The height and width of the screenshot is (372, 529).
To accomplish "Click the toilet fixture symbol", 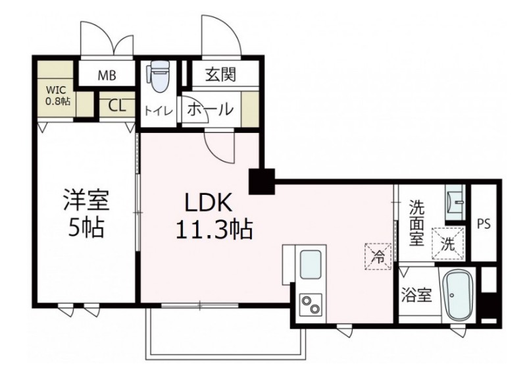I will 158,78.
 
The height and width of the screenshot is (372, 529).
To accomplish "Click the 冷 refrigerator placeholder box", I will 376,254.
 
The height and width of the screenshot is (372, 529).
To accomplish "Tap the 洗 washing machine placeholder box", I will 447,244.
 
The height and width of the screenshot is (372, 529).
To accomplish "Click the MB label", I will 107,75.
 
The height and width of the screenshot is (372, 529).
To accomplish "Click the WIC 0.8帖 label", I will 58,95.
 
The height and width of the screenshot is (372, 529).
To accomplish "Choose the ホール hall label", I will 210,109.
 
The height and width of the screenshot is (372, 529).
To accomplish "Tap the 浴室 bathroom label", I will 416,294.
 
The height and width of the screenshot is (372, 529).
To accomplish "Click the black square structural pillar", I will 261,181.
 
